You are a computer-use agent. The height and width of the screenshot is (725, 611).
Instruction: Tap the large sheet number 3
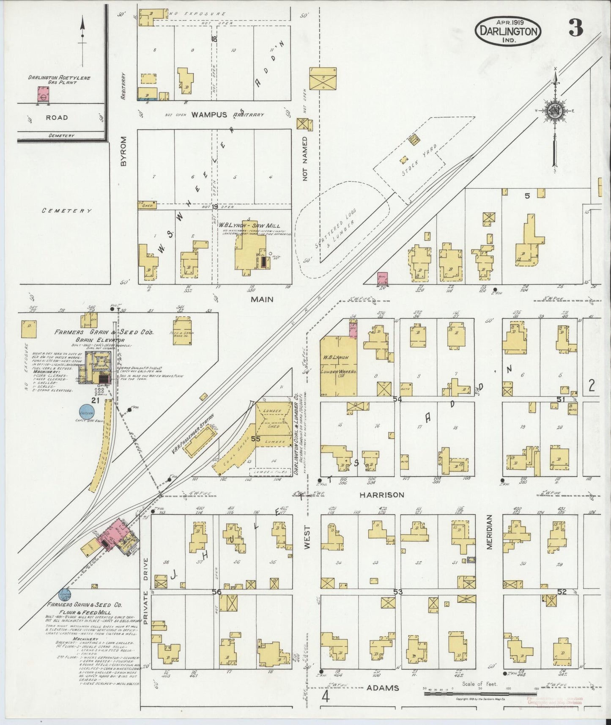pyautogui.click(x=575, y=28)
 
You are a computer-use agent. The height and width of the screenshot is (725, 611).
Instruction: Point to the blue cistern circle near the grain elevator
pyautogui.click(x=87, y=411)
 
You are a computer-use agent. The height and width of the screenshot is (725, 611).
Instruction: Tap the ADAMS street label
pyautogui.click(x=382, y=688)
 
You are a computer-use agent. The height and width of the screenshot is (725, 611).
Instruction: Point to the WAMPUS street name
pyautogui.click(x=206, y=115)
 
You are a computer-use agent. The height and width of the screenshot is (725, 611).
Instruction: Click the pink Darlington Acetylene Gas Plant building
pyautogui.click(x=43, y=94)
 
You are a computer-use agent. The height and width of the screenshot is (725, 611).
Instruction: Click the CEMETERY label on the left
pyautogui.click(x=67, y=211)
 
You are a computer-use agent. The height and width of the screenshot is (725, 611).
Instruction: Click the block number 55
pyautogui.click(x=255, y=439)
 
